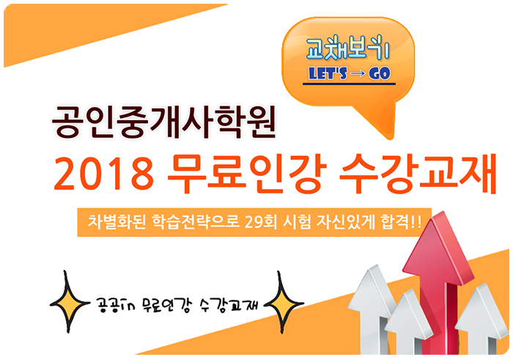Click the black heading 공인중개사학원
pyautogui.click(x=163, y=122)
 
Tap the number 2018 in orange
pyautogui.click(x=104, y=174)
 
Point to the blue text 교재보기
pyautogui.click(x=347, y=49)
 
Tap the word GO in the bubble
pyautogui.click(x=380, y=73)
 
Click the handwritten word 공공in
pyautogui.click(x=114, y=305)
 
